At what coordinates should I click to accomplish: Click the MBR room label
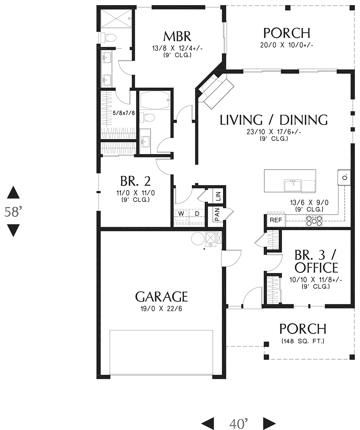coord(177,37)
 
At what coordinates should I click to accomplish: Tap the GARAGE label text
coord(161,297)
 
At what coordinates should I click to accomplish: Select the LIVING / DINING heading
coord(274,120)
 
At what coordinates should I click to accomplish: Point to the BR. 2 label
coord(135,181)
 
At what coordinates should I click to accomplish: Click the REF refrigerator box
coord(276,220)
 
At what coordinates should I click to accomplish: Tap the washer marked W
coord(181,214)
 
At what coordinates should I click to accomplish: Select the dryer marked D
coord(197,214)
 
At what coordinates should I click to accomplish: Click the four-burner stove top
coord(314,221)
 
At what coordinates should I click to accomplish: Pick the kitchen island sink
coord(292,185)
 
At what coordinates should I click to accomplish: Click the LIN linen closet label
coord(218,196)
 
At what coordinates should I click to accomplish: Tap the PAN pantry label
coord(217,214)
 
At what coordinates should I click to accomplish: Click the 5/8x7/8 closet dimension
coord(124,113)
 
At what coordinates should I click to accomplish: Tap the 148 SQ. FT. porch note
coord(303,341)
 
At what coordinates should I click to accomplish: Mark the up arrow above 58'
coord(13,192)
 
